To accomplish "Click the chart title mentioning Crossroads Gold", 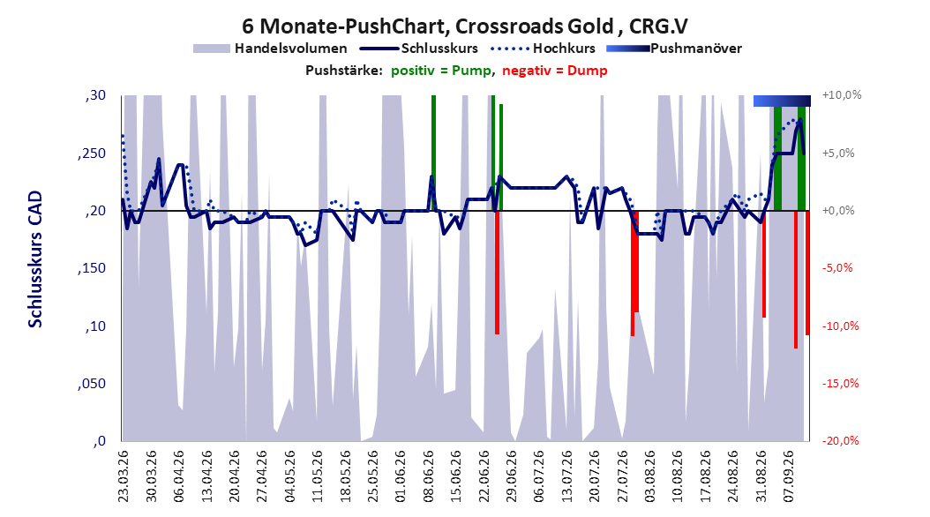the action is tap(464, 26).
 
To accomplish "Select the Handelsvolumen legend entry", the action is tap(270, 49).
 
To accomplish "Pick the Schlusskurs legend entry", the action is tap(419, 49).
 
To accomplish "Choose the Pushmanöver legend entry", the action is tap(674, 49).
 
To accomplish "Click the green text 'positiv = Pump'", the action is tap(441, 71).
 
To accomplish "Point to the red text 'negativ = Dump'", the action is tap(555, 71).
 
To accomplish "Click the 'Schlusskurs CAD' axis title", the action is tap(35, 259).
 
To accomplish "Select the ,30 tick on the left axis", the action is tap(95, 95).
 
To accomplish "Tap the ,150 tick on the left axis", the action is tap(92, 268).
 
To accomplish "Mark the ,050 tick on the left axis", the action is tap(92, 384).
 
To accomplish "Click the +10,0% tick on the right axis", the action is tap(842, 95).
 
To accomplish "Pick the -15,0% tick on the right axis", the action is tap(841, 384).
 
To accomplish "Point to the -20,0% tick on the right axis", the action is tap(841, 441).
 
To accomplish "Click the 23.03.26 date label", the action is tap(124, 476).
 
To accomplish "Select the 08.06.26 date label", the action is tap(428, 476).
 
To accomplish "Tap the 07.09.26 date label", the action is tap(789, 476).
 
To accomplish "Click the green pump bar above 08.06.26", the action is tap(433, 153).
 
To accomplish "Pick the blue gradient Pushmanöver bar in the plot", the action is tap(782, 101).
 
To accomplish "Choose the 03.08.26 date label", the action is tap(650, 476).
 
